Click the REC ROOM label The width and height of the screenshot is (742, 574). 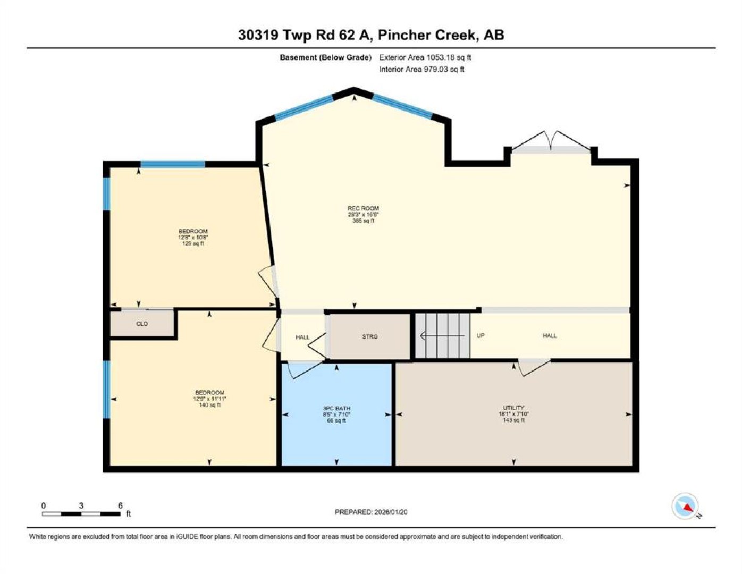tap(363, 208)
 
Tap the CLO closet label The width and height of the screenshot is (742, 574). tap(142, 324)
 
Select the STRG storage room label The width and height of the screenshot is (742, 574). tap(370, 336)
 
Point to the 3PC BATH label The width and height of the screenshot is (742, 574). tap(336, 408)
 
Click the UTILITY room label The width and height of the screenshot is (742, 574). tap(513, 408)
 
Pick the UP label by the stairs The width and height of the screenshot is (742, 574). tap(480, 336)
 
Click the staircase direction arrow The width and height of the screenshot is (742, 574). tap(442, 336)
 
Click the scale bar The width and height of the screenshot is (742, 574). tap(81, 513)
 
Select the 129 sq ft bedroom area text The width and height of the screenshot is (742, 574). tap(193, 243)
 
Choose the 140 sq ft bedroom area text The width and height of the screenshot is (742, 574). tap(209, 405)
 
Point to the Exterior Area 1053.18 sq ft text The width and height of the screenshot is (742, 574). tap(425, 57)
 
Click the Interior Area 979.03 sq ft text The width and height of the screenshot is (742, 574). tap(421, 69)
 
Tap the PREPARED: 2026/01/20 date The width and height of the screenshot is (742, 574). tap(371, 512)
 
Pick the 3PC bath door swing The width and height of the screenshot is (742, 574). tap(304, 370)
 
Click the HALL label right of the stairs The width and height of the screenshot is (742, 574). tap(550, 336)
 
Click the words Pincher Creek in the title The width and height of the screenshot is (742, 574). tap(427, 35)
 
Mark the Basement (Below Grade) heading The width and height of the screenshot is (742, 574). tap(325, 57)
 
